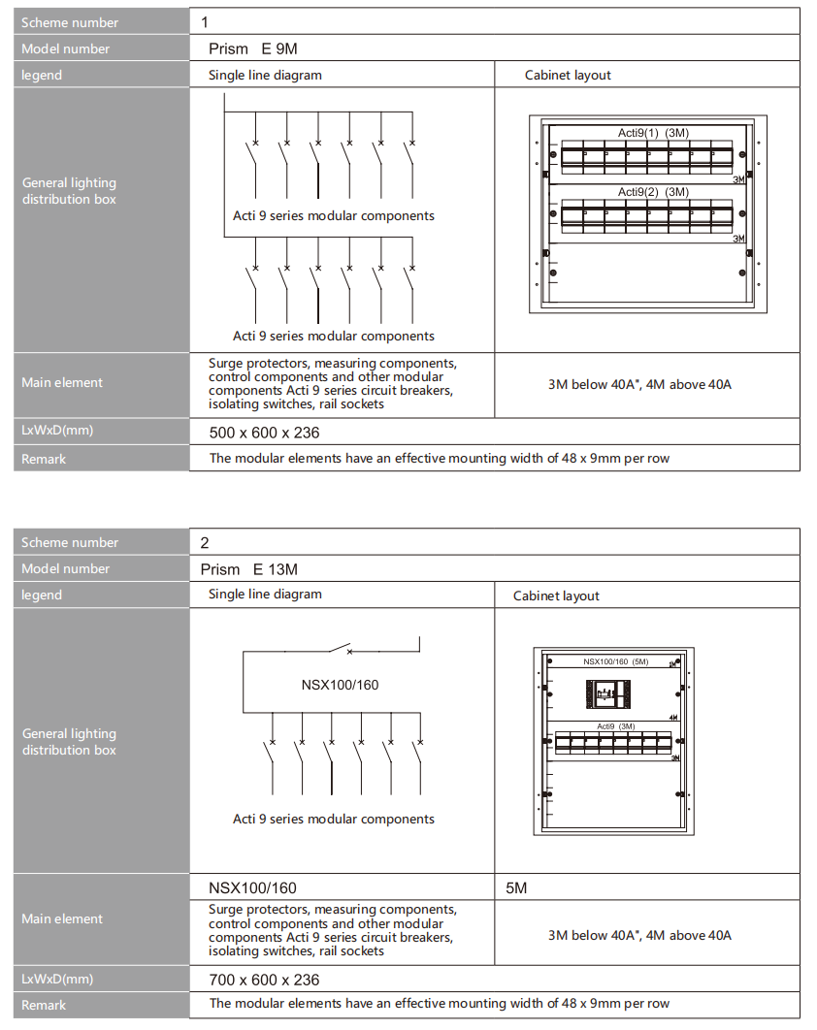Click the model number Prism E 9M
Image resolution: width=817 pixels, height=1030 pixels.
259,48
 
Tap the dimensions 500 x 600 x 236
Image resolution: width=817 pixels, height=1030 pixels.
264,433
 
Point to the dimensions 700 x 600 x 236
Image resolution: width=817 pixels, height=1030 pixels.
264,980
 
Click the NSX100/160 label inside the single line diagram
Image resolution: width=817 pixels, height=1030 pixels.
340,685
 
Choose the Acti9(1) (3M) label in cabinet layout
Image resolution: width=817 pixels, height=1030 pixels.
653,133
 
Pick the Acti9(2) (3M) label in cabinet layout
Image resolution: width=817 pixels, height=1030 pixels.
653,192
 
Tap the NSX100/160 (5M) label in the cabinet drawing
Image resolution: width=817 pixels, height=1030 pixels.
615,661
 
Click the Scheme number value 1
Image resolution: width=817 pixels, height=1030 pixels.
205,22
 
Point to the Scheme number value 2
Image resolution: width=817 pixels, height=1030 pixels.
205,542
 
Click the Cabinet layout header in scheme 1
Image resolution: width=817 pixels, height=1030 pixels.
568,75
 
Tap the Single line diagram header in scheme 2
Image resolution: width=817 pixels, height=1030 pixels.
265,594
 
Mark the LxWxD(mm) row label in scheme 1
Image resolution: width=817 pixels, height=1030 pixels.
57,431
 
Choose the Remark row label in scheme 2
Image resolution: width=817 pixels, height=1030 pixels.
44,1006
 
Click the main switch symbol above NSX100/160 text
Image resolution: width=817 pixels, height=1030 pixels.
340,649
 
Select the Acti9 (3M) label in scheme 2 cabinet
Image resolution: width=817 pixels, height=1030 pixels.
615,725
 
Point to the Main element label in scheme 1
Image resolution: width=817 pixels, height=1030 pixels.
62,383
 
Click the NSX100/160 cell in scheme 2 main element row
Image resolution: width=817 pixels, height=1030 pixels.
252,887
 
